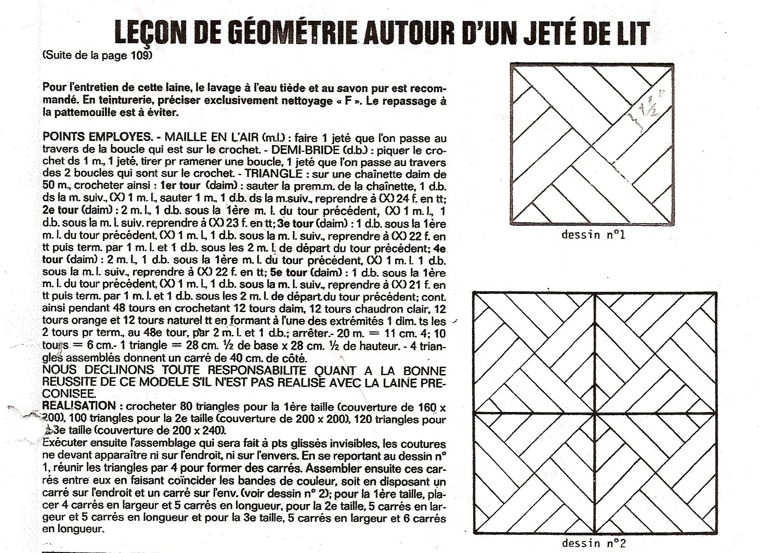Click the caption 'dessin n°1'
pyautogui.click(x=593, y=235)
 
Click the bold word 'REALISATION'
pyautogui.click(x=79, y=406)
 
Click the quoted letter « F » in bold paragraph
pyautogui.click(x=352, y=101)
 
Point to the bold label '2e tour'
pyautogui.click(x=60, y=211)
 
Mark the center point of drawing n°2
pyautogui.click(x=595, y=413)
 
